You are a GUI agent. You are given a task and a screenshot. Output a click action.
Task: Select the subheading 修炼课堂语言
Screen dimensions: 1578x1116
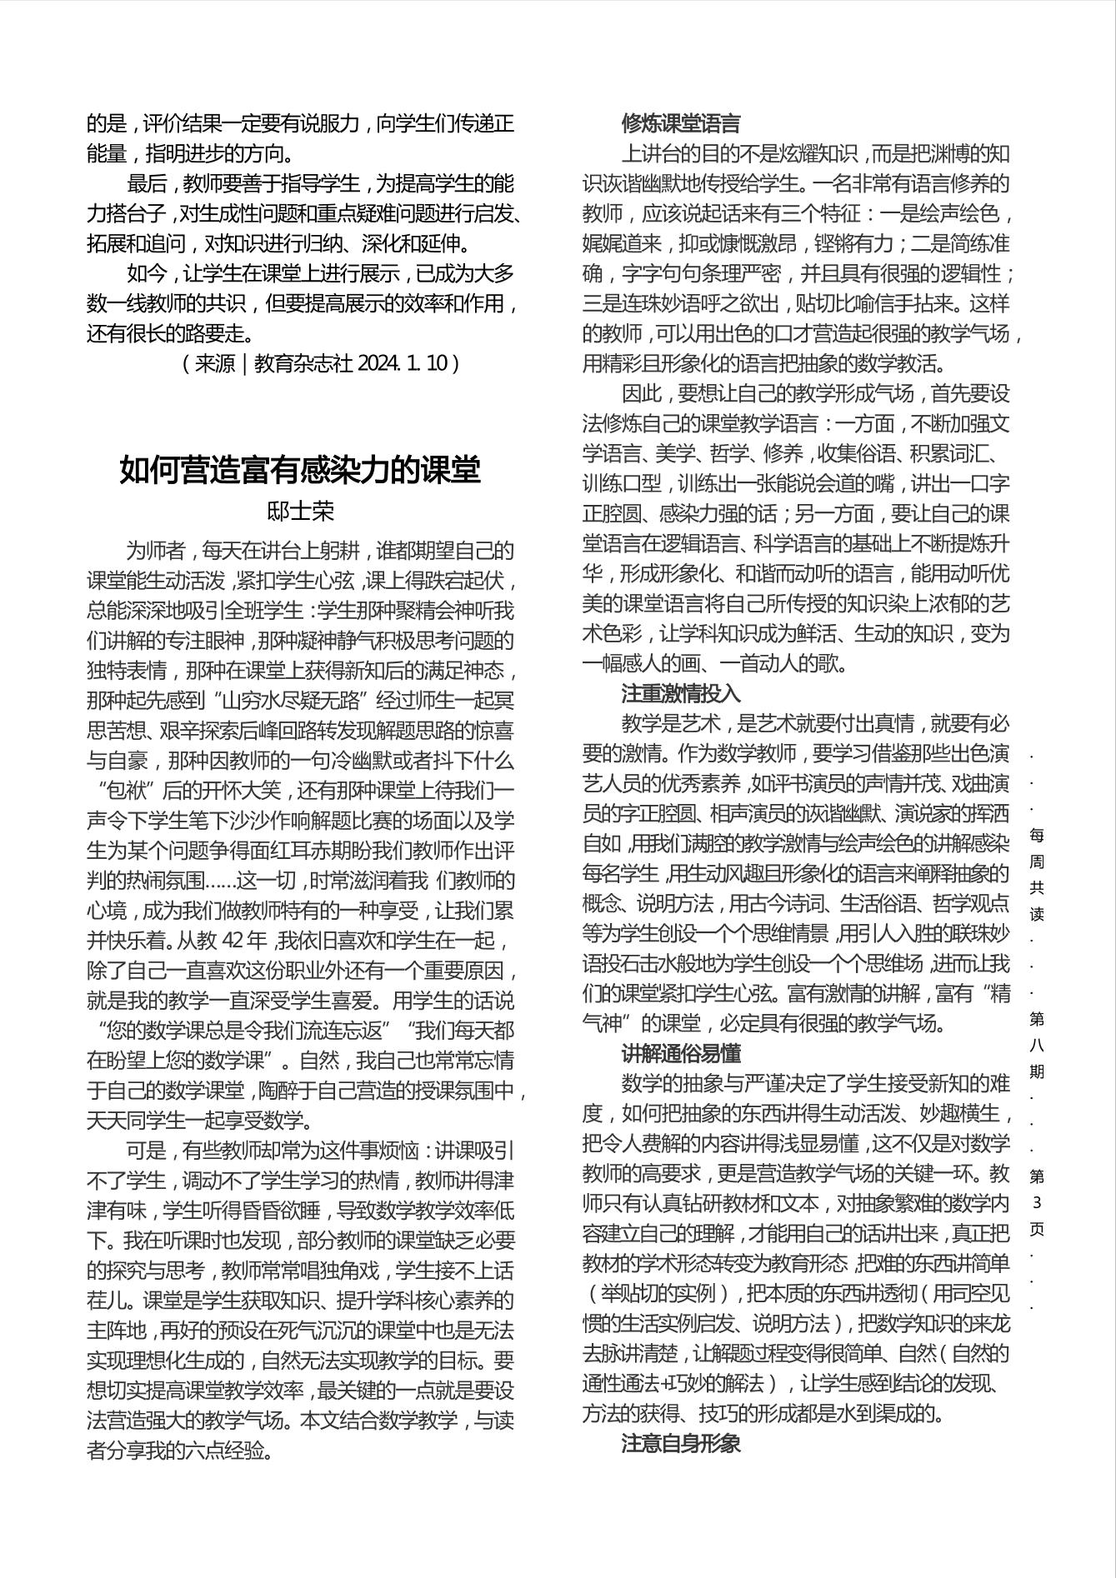tap(680, 124)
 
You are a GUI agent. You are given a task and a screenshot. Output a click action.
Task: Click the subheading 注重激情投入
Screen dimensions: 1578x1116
tap(680, 694)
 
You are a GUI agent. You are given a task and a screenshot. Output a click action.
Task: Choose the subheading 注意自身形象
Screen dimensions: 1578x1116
tap(680, 1444)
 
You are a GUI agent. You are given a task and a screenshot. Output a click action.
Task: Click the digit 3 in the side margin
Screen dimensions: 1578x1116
tap(1037, 1202)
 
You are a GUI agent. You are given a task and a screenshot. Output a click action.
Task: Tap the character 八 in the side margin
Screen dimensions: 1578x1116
tap(1037, 1045)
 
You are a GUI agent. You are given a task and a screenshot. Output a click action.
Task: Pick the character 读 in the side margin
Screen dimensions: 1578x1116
tap(1037, 914)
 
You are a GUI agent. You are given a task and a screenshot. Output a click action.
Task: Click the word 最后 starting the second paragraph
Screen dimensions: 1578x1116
tap(147, 184)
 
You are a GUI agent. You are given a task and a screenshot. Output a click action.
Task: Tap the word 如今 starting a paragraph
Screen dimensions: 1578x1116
tap(147, 274)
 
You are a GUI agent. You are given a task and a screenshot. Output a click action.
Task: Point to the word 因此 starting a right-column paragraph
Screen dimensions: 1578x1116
tap(642, 394)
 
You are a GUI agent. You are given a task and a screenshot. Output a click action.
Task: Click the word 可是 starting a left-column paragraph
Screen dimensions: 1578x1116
tap(147, 1151)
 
